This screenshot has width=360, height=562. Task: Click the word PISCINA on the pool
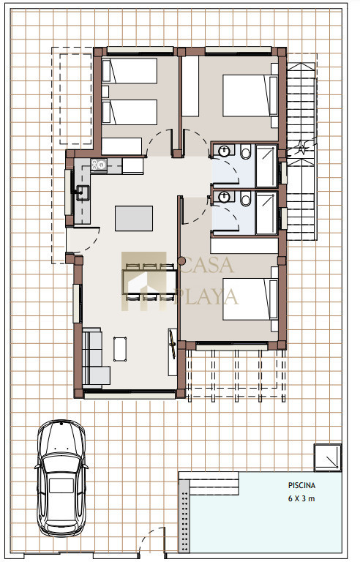(301, 485)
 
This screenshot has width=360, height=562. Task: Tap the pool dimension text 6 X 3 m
(301, 498)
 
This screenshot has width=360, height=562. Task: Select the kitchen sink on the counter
(83, 192)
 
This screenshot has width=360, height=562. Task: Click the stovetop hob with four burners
(99, 165)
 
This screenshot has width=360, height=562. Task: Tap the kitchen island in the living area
(134, 218)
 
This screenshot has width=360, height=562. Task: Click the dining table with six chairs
(149, 282)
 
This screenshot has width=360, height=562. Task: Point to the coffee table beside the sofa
(120, 349)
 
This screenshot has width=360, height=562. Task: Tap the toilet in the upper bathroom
(246, 151)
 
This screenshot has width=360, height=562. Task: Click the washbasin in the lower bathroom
(224, 197)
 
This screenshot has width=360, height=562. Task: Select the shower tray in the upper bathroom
(266, 165)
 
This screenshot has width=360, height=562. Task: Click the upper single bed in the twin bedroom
(130, 70)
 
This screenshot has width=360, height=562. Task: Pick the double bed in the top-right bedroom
(250, 95)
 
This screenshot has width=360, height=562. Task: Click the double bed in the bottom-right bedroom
(250, 299)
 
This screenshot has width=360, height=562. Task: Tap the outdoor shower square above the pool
(328, 457)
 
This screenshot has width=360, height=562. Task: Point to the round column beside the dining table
(181, 261)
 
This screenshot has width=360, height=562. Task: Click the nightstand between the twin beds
(105, 91)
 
